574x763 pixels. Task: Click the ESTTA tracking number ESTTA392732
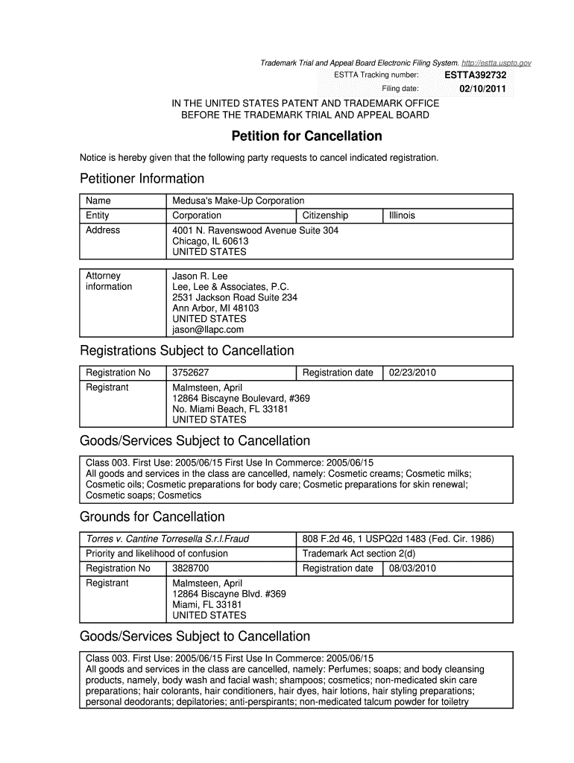click(475, 75)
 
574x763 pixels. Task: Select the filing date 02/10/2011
click(482, 89)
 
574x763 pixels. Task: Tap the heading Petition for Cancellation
click(306, 136)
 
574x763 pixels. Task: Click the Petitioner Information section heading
click(142, 179)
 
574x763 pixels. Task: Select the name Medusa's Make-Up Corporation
click(238, 201)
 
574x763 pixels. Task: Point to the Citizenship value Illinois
click(402, 215)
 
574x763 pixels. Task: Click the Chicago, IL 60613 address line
click(210, 241)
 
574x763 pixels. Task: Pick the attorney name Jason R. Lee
click(200, 276)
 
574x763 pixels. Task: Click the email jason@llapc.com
click(208, 329)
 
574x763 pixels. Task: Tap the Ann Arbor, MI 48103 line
click(215, 308)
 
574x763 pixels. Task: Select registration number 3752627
click(190, 373)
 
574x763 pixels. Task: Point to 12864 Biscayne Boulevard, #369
click(241, 399)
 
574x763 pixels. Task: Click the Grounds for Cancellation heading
click(152, 517)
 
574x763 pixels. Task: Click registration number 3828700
click(190, 569)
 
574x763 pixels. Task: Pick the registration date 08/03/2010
click(412, 569)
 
